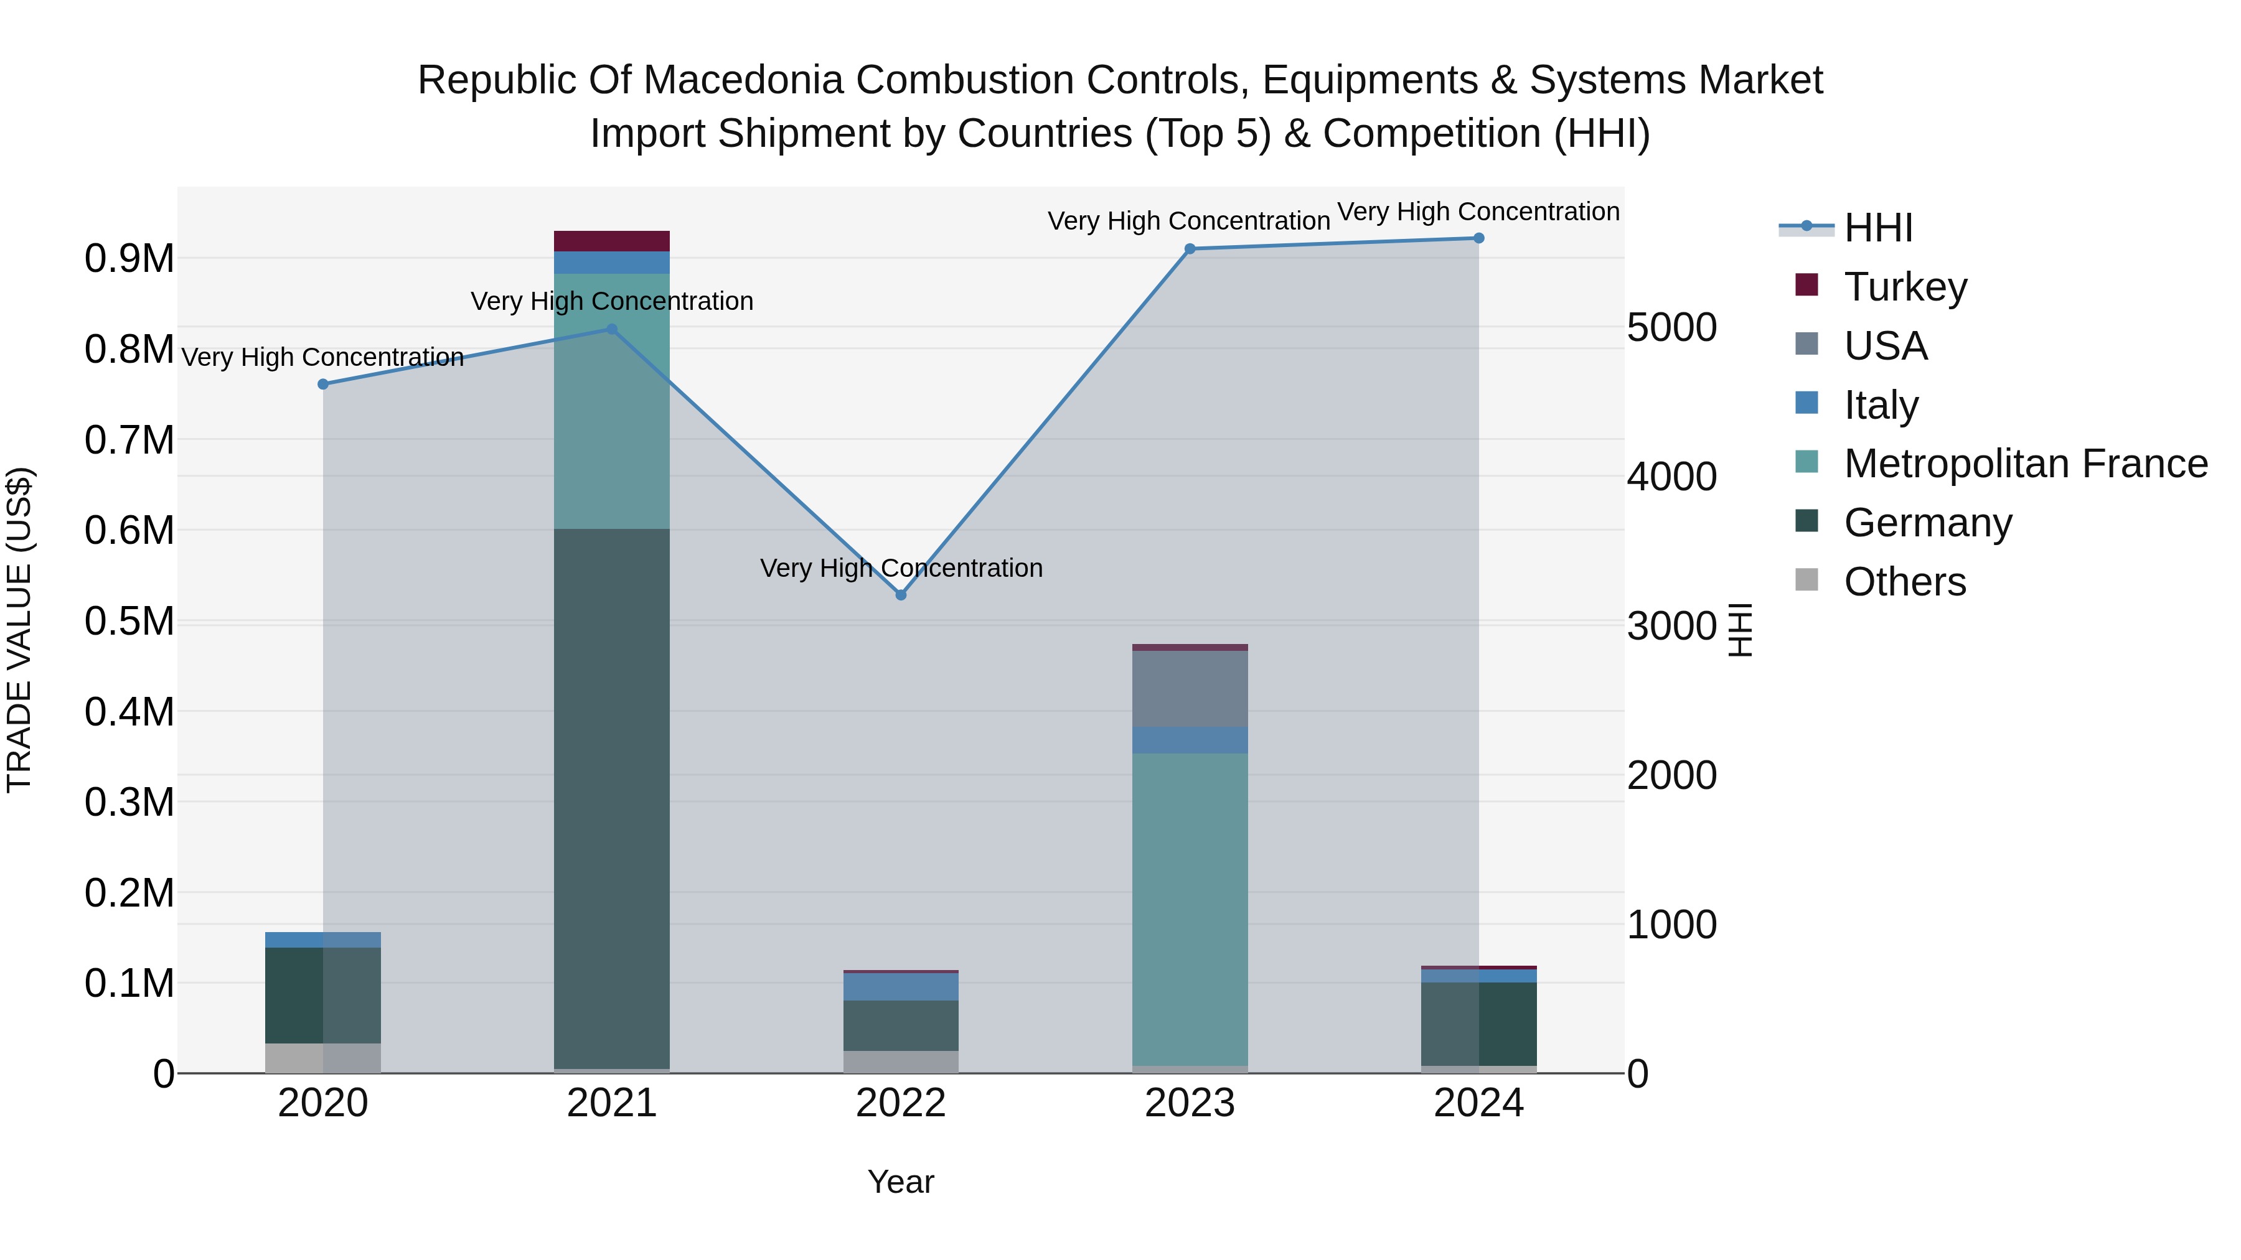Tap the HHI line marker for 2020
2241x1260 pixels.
tap(322, 383)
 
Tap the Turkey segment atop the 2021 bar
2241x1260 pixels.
tap(611, 241)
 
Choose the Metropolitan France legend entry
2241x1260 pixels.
tap(2024, 464)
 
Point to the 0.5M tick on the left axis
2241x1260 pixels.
tap(129, 621)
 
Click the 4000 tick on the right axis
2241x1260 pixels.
tap(1671, 477)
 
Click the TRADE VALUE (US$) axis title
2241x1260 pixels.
tap(19, 630)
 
